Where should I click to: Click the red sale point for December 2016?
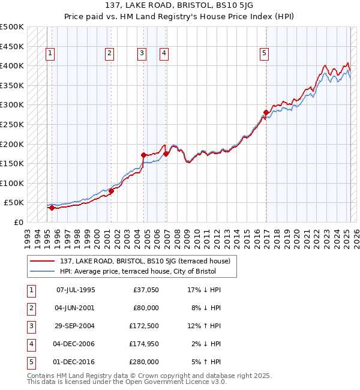coord(266,112)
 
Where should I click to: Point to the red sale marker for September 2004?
coord(143,155)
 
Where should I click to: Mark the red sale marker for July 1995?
coord(52,208)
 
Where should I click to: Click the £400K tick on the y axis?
coord(12,65)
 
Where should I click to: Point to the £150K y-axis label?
coord(12,163)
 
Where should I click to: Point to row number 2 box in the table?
coord(31,308)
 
